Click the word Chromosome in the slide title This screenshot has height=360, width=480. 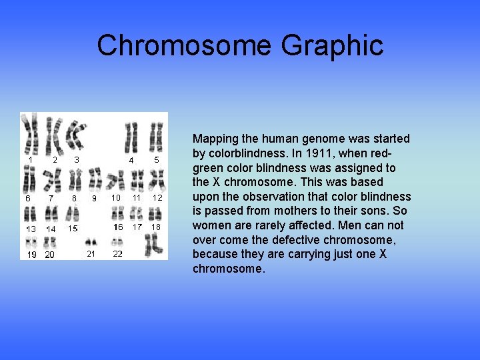click(x=184, y=45)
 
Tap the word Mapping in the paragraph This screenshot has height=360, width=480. click(x=215, y=139)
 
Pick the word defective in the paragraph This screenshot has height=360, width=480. click(x=311, y=239)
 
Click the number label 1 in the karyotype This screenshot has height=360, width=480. click(x=31, y=160)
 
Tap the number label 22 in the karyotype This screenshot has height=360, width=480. click(x=117, y=253)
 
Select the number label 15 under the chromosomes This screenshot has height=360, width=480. click(x=73, y=228)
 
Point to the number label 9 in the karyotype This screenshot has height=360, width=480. click(x=94, y=198)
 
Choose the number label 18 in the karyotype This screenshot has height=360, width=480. click(x=156, y=227)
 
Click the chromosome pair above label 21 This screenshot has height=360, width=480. click(x=91, y=241)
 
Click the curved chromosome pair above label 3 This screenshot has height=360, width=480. click(x=75, y=135)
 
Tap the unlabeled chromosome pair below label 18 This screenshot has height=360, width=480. click(x=154, y=245)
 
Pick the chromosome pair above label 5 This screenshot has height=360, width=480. click(x=156, y=137)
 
